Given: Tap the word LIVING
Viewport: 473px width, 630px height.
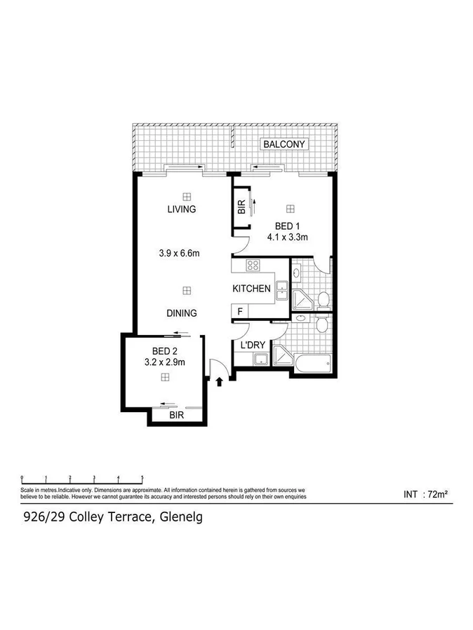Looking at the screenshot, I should pyautogui.click(x=181, y=209).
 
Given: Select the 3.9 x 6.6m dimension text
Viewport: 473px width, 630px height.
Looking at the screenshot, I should pyautogui.click(x=180, y=253).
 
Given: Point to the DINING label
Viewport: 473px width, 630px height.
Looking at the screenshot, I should pyautogui.click(x=181, y=313).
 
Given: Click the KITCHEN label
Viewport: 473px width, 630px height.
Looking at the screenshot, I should pyautogui.click(x=252, y=289).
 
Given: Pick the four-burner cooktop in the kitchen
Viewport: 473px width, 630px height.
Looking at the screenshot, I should pyautogui.click(x=253, y=266).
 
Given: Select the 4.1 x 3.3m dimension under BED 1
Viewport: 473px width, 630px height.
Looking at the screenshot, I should pyautogui.click(x=288, y=238).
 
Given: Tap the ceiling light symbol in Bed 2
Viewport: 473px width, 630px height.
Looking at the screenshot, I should pyautogui.click(x=164, y=377).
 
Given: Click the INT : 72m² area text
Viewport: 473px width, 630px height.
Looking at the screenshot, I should pyautogui.click(x=426, y=494).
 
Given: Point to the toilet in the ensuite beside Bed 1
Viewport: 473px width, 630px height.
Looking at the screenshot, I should pyautogui.click(x=324, y=300).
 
